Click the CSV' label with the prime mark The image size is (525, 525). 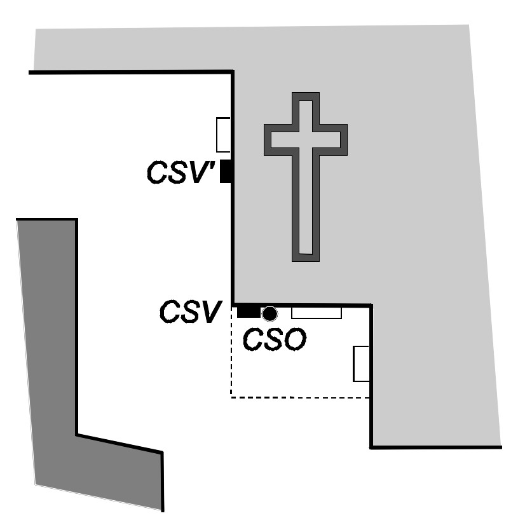click(181, 172)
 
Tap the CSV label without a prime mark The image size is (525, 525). click(190, 312)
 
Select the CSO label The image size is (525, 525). click(275, 339)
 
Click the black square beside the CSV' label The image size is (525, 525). click(225, 172)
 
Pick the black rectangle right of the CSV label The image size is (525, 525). click(248, 311)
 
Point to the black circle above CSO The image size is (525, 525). click(270, 313)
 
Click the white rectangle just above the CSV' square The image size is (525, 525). click(223, 135)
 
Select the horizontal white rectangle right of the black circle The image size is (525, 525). click(316, 312)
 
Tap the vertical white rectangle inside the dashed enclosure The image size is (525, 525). click(361, 364)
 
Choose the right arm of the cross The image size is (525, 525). click(332, 139)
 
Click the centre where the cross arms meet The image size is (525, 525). click(305, 139)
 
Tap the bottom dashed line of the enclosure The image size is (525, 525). click(299, 398)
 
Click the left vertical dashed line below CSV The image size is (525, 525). click(231, 356)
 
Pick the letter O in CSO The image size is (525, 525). click(294, 339)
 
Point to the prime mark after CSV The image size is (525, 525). click(214, 166)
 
